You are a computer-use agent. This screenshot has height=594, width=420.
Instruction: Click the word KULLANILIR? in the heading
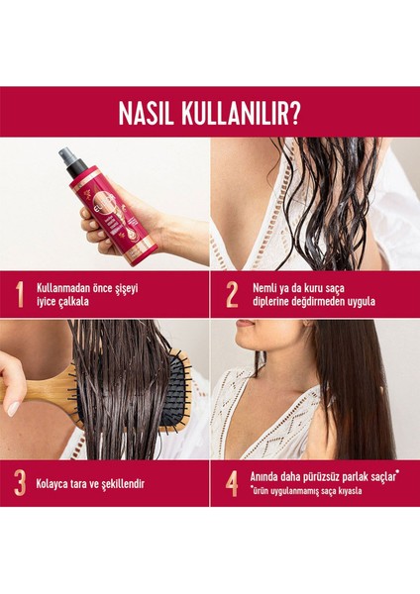pos(244,112)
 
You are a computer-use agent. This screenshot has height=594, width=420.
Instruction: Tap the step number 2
pos(232,295)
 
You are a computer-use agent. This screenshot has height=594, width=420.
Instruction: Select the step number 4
pos(232,483)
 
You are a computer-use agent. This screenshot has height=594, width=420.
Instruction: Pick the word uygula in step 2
pos(359,300)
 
